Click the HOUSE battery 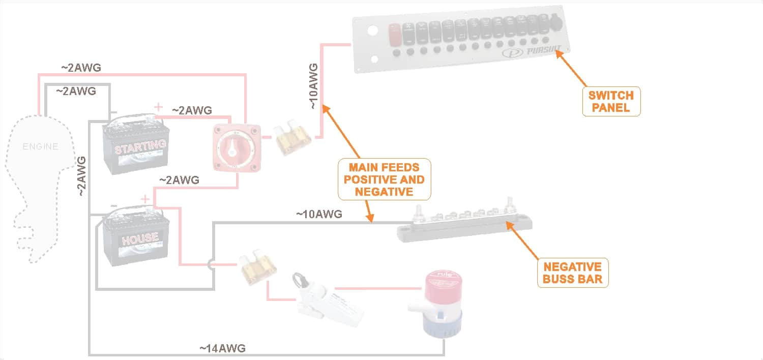click(134, 237)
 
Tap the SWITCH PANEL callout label click(610, 101)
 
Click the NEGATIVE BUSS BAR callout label click(573, 273)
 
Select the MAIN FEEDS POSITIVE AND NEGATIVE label click(384, 179)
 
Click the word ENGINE click(41, 146)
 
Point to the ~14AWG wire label click(222, 348)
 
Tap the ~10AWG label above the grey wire click(319, 214)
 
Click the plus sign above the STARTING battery click(159, 107)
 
